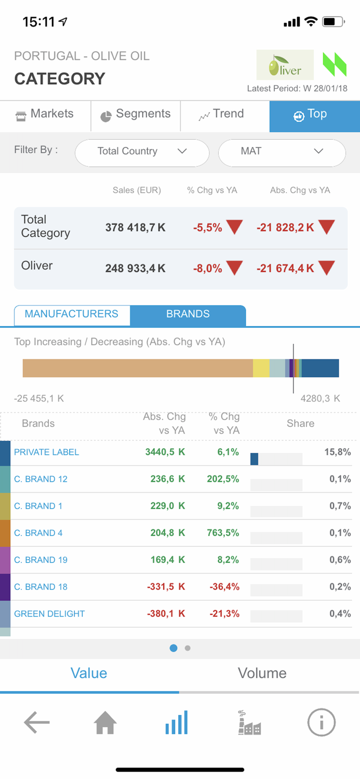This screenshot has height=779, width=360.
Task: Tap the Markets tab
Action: coord(45,114)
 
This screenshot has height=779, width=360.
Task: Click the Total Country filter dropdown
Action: coord(142,152)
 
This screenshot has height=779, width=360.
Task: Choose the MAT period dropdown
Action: coord(282,152)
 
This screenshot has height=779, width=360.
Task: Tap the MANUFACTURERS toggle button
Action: coord(72,314)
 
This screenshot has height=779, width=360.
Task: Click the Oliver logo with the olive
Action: coord(285,65)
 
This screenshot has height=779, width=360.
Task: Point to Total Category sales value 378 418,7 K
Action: coord(135,227)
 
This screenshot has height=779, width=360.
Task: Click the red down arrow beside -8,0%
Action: coord(234,268)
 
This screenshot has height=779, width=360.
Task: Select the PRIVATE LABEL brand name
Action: coord(46,452)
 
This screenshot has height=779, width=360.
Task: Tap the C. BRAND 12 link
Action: coord(41,479)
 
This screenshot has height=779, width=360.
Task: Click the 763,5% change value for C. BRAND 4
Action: coord(223,533)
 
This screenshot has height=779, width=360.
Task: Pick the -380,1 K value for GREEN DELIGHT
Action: coord(166,614)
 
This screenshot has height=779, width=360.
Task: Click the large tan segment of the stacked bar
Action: coord(138,368)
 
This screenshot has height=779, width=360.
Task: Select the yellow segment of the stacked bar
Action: coord(261,368)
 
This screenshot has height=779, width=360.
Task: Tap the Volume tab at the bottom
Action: coord(262,674)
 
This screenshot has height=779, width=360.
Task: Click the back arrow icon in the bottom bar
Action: coord(36,722)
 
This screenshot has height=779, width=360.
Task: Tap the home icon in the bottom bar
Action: coord(105,722)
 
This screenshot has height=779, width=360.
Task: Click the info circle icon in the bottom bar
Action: coord(321,722)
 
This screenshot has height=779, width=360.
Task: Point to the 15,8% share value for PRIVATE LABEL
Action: coord(337,452)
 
